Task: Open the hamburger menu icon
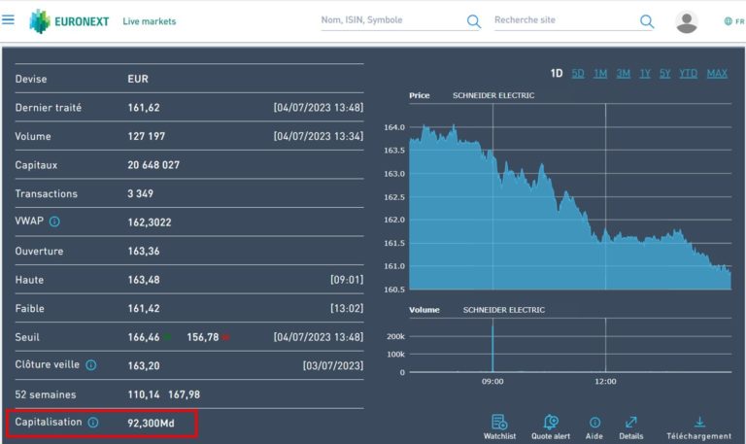pyautogui.click(x=9, y=19)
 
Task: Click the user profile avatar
pyautogui.click(x=687, y=21)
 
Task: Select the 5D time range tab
pyautogui.click(x=578, y=73)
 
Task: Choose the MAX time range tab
pyautogui.click(x=717, y=73)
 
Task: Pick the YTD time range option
pyautogui.click(x=688, y=73)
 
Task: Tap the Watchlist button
pyautogui.click(x=499, y=427)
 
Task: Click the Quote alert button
pyautogui.click(x=551, y=427)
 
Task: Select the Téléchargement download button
pyautogui.click(x=699, y=427)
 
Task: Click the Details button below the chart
pyautogui.click(x=630, y=427)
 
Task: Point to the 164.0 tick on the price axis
pyautogui.click(x=394, y=127)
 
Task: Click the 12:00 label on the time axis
pyautogui.click(x=605, y=381)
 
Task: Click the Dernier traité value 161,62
pyautogui.click(x=144, y=108)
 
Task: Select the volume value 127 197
pyautogui.click(x=147, y=136)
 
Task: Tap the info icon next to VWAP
pyautogui.click(x=54, y=222)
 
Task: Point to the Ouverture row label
pyautogui.click(x=39, y=251)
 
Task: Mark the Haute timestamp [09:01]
pyautogui.click(x=346, y=280)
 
